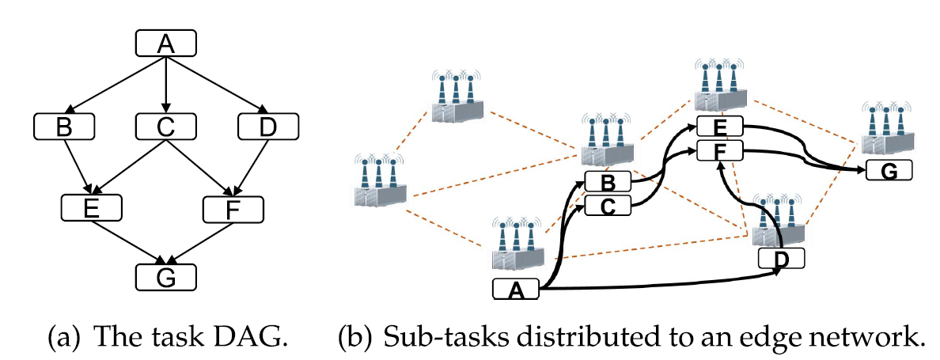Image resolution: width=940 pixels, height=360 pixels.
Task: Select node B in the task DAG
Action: click(x=64, y=125)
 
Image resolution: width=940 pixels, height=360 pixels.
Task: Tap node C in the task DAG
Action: click(x=165, y=125)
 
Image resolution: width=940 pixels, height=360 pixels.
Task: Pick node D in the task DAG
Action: click(x=267, y=125)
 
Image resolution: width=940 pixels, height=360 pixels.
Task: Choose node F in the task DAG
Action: click(x=233, y=208)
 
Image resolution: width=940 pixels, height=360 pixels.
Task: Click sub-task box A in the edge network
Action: click(x=516, y=290)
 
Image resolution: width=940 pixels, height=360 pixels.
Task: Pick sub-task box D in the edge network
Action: click(x=781, y=258)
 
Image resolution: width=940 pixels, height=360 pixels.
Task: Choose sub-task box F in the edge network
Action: click(x=719, y=150)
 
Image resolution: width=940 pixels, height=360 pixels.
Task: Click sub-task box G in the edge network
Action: click(x=889, y=170)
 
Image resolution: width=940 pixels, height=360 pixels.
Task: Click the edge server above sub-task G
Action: click(x=885, y=130)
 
